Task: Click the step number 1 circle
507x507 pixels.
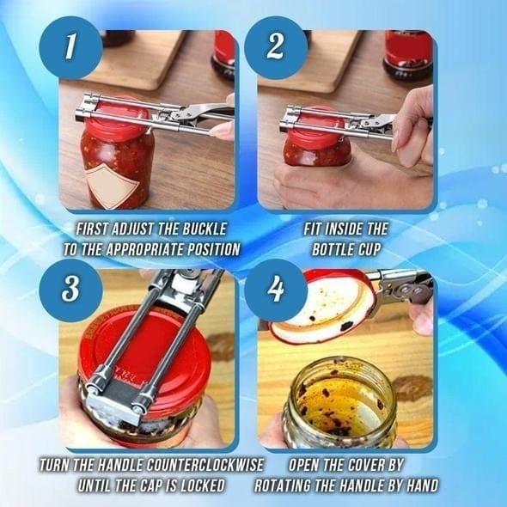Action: coord(71,49)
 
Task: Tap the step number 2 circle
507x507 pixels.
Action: coord(275,49)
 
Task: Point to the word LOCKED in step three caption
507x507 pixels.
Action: coord(199,485)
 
